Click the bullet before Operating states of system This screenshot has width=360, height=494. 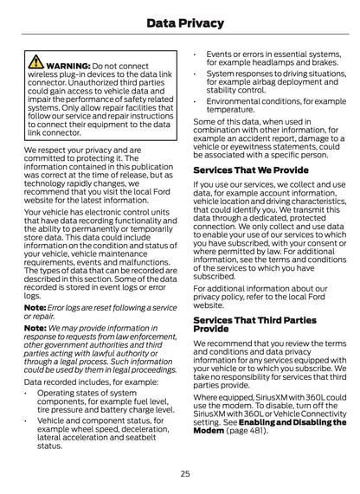28,392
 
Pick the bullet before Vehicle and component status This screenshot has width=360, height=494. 28,420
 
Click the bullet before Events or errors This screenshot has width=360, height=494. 197,53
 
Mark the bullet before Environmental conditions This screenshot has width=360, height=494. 197,101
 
